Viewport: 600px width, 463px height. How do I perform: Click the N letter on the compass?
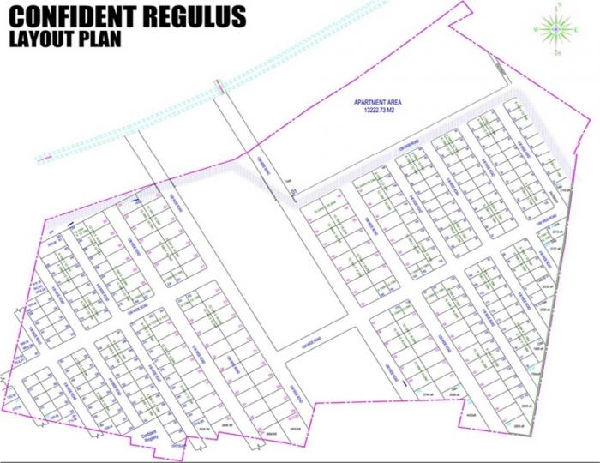coord(556,6)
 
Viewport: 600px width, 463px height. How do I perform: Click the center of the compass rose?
coord(556,29)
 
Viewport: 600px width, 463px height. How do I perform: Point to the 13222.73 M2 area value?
coord(378,111)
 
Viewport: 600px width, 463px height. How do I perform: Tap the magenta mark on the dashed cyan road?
coord(221,85)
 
